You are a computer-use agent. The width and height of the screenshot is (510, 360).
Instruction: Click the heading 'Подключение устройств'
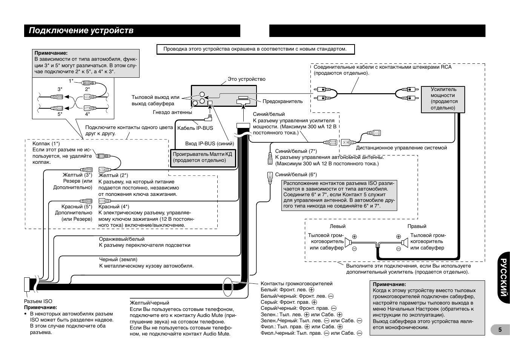point(81,31)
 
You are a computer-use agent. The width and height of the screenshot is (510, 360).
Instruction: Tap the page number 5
point(500,329)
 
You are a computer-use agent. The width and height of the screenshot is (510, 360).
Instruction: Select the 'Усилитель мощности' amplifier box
point(443,99)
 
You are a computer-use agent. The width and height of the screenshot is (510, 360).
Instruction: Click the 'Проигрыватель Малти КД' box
point(202,157)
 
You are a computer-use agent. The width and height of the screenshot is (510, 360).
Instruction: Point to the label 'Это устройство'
point(246,79)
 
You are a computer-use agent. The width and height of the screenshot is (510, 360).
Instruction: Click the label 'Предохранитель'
point(283,101)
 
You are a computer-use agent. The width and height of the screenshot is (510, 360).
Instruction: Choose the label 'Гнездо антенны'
point(172,112)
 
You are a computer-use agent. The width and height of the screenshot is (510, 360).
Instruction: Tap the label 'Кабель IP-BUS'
point(195,128)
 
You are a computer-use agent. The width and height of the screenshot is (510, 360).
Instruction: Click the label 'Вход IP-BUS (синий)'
point(209,144)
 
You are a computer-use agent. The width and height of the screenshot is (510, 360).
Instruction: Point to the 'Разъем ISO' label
point(38,301)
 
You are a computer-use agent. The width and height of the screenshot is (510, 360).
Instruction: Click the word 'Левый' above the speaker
point(338,226)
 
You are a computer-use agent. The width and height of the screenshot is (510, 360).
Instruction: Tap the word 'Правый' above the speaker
point(417,226)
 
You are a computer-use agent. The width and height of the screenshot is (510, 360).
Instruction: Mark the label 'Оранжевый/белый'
point(121,239)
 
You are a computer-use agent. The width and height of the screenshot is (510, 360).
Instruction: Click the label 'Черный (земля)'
point(118,260)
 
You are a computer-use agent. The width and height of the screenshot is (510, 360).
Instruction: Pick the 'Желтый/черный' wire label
point(149,303)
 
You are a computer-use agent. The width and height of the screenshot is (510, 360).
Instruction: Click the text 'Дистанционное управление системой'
point(401,148)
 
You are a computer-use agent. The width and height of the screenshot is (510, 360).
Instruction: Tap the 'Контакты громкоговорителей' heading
point(296,283)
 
